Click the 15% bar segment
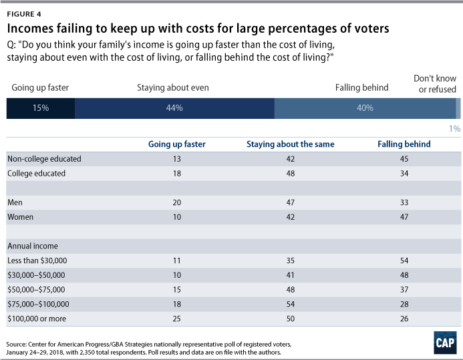pyautogui.click(x=41, y=108)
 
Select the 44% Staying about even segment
pyautogui.click(x=174, y=108)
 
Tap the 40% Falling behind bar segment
pyautogui.click(x=365, y=108)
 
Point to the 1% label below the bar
pyautogui.click(x=455, y=129)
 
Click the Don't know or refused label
pyautogui.click(x=435, y=83)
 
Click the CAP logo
pyautogui.click(x=445, y=343)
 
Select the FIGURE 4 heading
pyautogui.click(x=24, y=14)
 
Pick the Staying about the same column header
pyautogui.click(x=290, y=144)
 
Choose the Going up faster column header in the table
pyautogui.click(x=176, y=144)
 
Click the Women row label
pyautogui.click(x=20, y=217)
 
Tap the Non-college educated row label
pyautogui.click(x=44, y=159)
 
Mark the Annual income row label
pyautogui.click(x=33, y=246)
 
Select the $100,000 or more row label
pyautogui.click(x=37, y=319)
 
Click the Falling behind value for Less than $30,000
pyautogui.click(x=404, y=260)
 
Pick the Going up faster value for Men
pyautogui.click(x=176, y=202)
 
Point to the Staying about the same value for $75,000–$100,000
pyautogui.click(x=290, y=304)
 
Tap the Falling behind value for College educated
pyautogui.click(x=404, y=174)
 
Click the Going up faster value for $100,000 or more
pyautogui.click(x=176, y=319)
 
